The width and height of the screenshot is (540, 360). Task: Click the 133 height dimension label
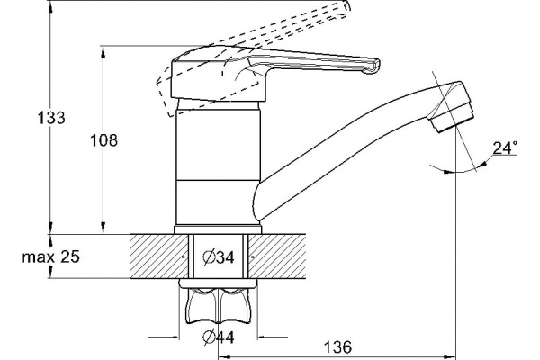point(51,118)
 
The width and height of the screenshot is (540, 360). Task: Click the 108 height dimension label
point(103,140)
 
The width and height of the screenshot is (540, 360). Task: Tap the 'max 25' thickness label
point(51,256)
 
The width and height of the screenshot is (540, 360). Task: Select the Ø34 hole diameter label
point(219,257)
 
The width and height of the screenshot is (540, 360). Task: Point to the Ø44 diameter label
point(219,337)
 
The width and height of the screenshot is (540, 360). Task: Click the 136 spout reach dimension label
point(337,346)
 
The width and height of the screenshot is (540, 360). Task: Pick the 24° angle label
point(505,148)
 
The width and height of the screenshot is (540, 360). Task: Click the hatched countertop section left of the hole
point(159,256)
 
